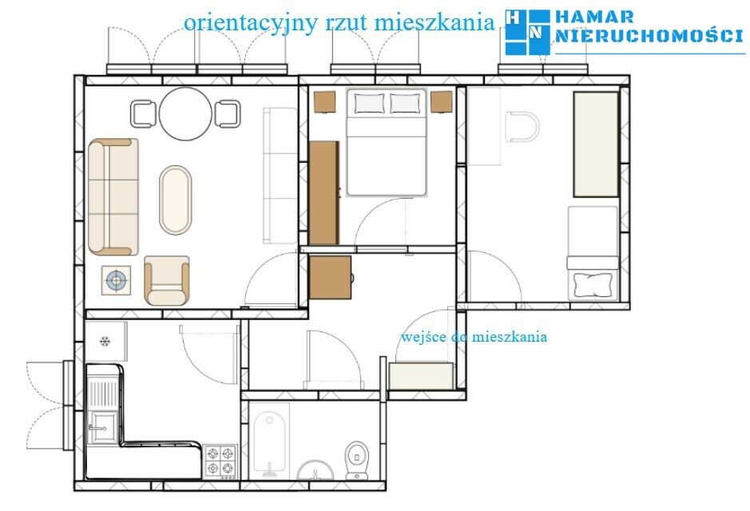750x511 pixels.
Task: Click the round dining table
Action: coord(185,113)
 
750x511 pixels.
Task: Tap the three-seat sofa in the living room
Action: coord(113,197)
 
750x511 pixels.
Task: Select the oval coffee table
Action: coord(175,200)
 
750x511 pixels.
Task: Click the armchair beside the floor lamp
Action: coord(166,280)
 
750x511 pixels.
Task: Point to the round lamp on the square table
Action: coord(117,280)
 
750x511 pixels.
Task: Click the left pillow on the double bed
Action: coord(369,103)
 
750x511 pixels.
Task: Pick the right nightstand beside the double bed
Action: coord(441,102)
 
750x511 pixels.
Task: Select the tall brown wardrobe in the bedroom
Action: coord(323,192)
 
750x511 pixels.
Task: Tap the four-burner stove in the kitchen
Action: coord(220,461)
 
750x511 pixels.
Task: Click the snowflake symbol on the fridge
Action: coord(105,341)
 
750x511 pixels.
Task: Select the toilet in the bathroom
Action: coord(357,461)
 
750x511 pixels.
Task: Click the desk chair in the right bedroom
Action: coord(522,127)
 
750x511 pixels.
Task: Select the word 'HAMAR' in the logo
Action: coord(594,18)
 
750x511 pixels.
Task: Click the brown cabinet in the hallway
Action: coord(330,277)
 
